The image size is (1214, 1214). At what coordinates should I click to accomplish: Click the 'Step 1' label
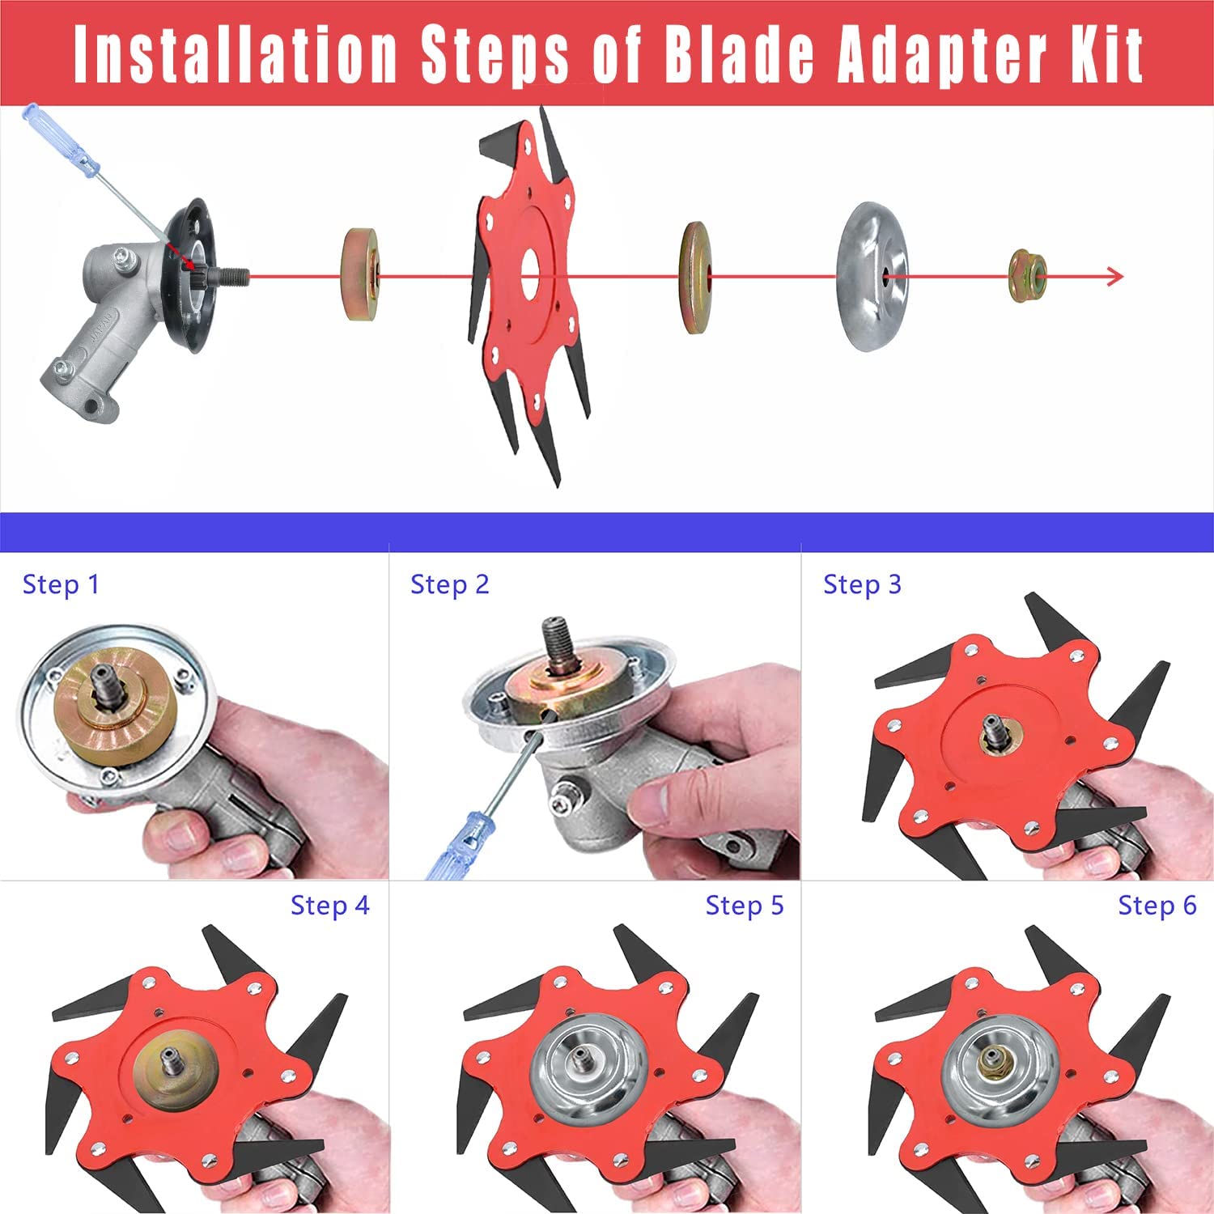(61, 584)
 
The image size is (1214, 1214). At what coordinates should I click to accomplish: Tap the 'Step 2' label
(450, 584)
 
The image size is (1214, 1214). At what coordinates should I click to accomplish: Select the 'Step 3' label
(862, 584)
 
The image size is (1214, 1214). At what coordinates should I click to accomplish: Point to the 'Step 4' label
(330, 906)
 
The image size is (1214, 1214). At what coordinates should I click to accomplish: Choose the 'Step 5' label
(745, 906)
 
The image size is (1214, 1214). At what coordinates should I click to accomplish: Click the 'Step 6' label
(1157, 906)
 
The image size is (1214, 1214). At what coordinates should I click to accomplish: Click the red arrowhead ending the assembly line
(1115, 277)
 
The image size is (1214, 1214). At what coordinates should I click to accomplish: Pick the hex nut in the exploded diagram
(1028, 277)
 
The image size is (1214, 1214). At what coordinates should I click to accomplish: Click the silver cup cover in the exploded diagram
(872, 277)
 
